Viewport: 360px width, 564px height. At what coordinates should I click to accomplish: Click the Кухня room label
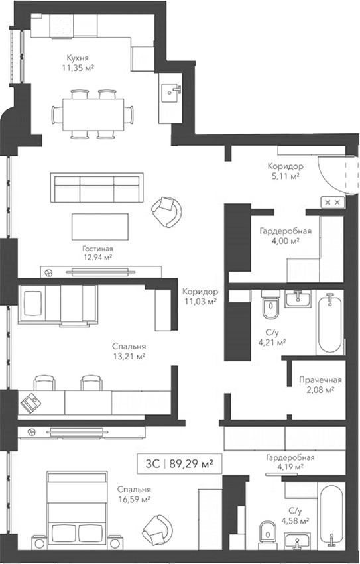coord(78,58)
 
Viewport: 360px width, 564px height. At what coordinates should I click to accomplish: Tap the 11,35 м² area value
coord(78,67)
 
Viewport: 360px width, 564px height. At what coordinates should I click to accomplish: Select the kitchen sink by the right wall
coord(170,90)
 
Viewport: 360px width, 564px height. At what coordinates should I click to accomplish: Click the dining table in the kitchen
coord(93,115)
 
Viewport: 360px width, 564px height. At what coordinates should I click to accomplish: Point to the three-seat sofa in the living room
coord(97,188)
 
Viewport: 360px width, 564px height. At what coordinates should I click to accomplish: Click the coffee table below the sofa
coord(99,227)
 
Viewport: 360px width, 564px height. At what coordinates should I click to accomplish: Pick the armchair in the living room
coord(166,211)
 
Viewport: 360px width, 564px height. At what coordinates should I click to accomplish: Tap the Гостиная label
coord(97,249)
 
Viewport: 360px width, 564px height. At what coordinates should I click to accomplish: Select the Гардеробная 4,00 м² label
coord(286,235)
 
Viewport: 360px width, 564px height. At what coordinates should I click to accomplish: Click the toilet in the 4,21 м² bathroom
coord(270,304)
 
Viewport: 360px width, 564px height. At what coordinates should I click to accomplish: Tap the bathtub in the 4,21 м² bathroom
coord(330,323)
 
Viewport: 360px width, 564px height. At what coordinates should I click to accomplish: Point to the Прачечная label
coord(320,380)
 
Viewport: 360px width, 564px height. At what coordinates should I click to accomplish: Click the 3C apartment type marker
coord(152,464)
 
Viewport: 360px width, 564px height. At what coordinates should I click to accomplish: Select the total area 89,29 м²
coord(191,464)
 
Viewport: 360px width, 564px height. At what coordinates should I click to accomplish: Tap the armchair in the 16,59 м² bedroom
coord(157,530)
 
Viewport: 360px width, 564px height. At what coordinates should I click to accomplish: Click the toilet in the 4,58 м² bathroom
coord(267,535)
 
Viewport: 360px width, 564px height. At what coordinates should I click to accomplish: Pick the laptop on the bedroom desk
coord(30,403)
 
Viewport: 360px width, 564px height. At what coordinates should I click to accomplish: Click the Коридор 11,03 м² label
coord(200,296)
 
